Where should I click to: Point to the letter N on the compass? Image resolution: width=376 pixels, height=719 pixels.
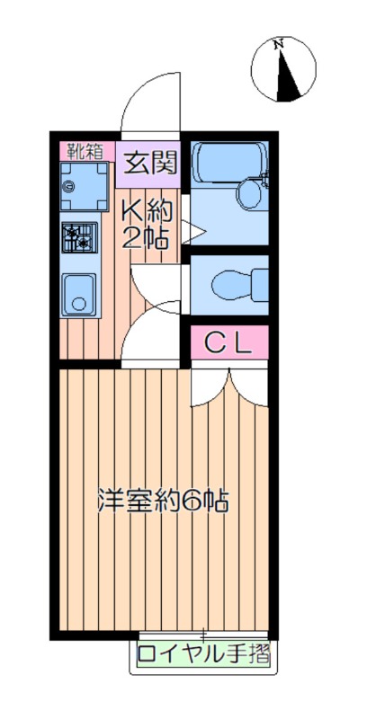point(278,44)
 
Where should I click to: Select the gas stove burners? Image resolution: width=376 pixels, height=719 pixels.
point(79,237)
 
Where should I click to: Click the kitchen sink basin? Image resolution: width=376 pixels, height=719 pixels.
point(79,295)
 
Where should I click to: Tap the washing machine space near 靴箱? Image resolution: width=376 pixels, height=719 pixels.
point(84,186)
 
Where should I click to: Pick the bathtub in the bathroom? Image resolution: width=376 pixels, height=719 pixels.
point(228,163)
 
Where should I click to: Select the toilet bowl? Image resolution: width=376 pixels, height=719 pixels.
point(234,285)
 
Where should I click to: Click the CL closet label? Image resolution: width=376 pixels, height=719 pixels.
point(228,343)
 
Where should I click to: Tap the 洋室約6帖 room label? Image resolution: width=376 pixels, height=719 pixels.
point(163,502)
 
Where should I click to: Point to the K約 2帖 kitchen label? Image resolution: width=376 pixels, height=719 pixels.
point(147,226)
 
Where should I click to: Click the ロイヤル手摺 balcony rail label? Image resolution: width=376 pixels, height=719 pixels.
point(203,654)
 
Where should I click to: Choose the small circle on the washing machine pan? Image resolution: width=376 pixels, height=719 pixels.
point(69,186)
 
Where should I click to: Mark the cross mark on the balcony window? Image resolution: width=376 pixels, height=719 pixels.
point(203,635)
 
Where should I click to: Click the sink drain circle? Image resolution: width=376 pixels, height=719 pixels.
point(79,304)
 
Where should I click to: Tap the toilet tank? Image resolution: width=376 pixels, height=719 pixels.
point(261,285)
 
